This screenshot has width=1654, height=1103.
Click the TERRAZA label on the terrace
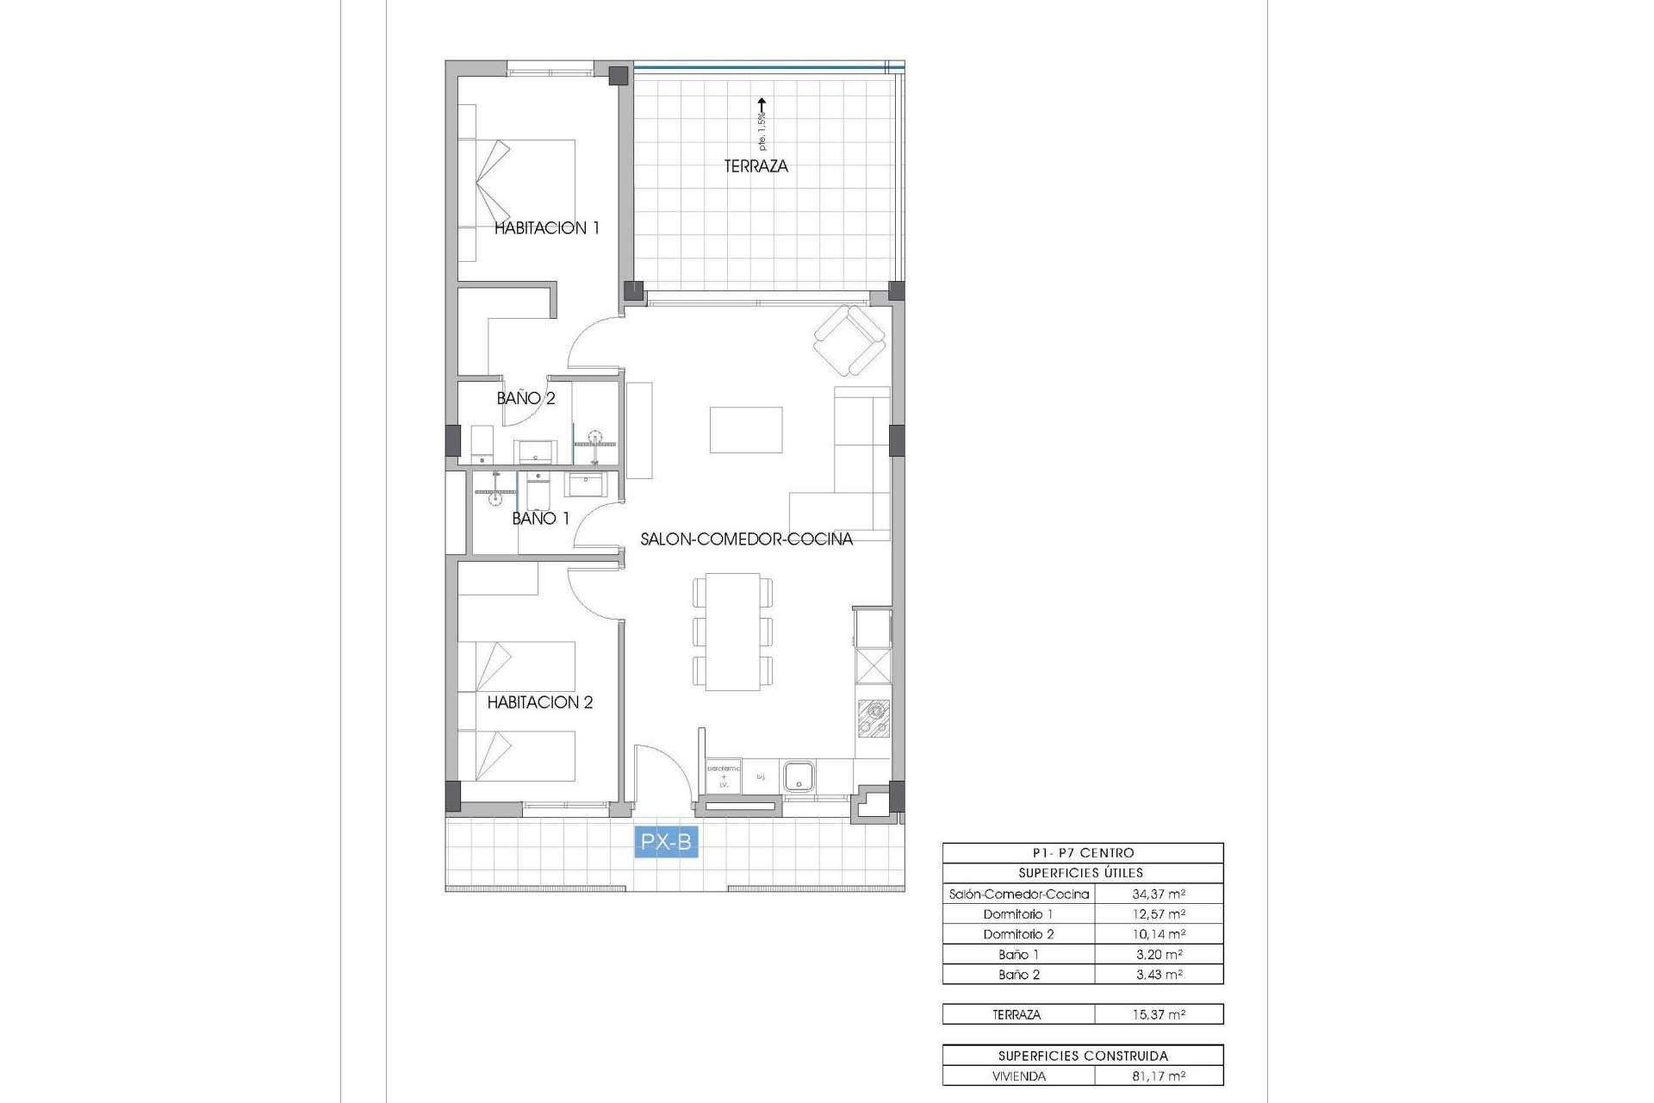click(755, 166)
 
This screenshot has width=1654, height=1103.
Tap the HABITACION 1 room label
click(546, 228)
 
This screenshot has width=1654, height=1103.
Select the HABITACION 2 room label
click(540, 702)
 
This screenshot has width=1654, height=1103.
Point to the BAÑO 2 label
click(525, 398)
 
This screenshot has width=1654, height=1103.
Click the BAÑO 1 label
click(540, 518)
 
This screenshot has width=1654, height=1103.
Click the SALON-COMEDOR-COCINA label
click(746, 539)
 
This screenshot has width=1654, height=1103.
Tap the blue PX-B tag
click(666, 842)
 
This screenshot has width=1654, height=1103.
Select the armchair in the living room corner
click(849, 341)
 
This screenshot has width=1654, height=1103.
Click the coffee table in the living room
click(746, 430)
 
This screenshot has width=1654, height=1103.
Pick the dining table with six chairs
click(732, 632)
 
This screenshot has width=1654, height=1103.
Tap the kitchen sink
click(799, 775)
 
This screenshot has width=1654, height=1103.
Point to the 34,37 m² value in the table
click(1159, 894)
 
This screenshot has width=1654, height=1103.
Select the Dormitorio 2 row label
click(1018, 934)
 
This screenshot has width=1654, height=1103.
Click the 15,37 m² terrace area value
click(1159, 1015)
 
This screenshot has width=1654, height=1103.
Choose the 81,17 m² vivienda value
click(1159, 1076)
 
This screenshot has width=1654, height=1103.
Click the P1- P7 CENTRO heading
click(1083, 853)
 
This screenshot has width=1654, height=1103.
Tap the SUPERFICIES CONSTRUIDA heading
click(1083, 1056)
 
